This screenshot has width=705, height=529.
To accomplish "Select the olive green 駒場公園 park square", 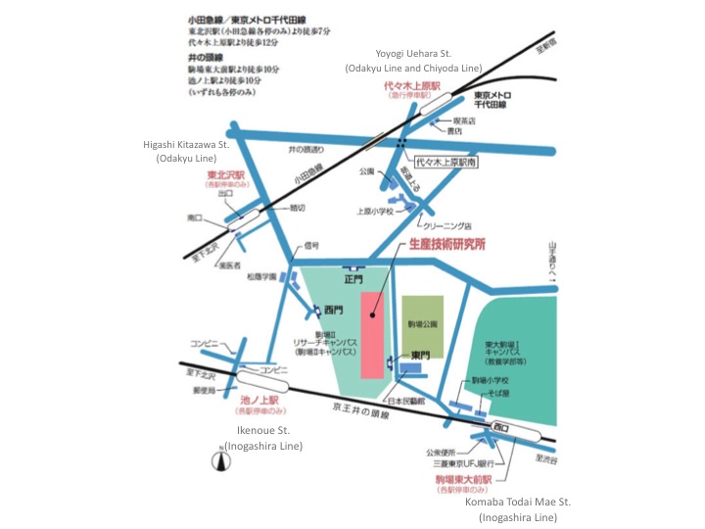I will (x=423, y=323).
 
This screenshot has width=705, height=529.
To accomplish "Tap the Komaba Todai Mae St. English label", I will (x=518, y=508).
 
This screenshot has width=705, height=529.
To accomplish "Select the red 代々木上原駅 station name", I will (x=412, y=86).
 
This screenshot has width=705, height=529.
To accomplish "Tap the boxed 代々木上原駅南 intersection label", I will (x=446, y=163).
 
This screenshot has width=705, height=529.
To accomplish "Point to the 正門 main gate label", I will (x=352, y=277).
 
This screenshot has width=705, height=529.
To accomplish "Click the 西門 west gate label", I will (x=333, y=311).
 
